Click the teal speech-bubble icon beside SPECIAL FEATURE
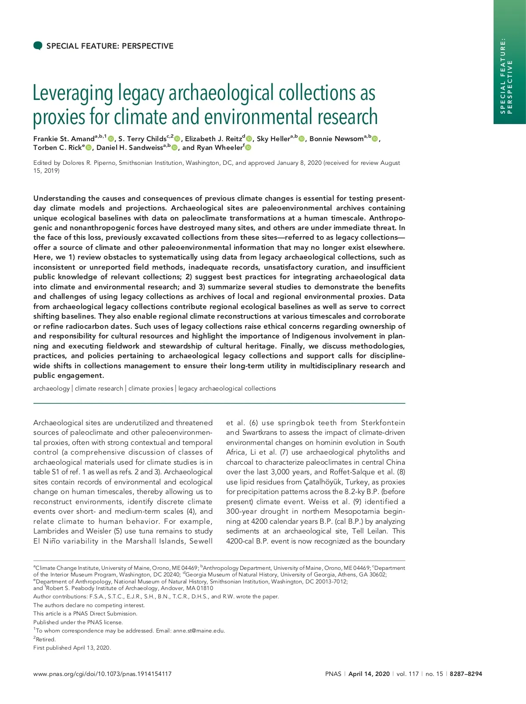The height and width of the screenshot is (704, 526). click(38, 46)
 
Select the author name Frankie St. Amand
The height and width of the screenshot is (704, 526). click(64, 139)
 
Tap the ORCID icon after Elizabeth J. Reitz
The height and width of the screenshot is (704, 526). click(249, 139)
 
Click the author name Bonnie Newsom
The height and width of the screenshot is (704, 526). click(336, 139)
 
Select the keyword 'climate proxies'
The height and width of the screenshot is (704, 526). click(151, 388)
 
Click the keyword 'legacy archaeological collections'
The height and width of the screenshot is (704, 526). click(227, 388)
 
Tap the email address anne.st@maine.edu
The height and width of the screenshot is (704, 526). click(199, 631)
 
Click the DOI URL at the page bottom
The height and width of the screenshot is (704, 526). click(103, 674)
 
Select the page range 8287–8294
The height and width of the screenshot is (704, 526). click(466, 674)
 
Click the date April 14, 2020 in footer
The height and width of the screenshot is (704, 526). click(369, 674)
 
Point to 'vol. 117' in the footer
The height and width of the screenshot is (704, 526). click(408, 674)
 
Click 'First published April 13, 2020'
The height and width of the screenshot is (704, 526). click(72, 648)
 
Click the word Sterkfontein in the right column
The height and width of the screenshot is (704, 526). click(383, 423)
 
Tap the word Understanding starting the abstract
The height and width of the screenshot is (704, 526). click(60, 198)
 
